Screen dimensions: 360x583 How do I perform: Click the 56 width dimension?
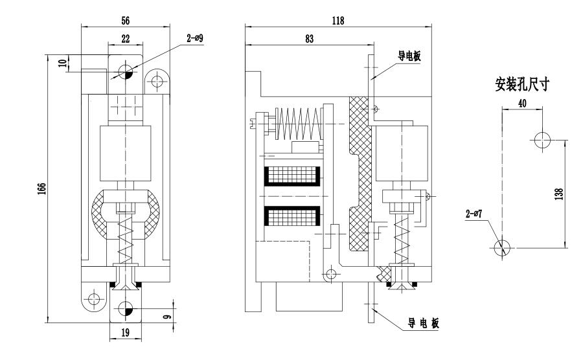(x=125, y=20)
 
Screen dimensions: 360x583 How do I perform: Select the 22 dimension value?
(x=125, y=39)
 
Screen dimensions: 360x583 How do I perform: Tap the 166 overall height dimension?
(x=41, y=188)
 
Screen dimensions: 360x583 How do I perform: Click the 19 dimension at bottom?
(x=124, y=334)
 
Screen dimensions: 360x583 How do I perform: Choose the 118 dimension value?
(x=337, y=20)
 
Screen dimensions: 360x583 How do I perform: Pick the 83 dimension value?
(x=309, y=39)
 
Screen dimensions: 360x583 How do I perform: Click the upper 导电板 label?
(x=409, y=57)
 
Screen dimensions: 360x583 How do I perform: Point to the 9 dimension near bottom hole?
(x=168, y=317)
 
